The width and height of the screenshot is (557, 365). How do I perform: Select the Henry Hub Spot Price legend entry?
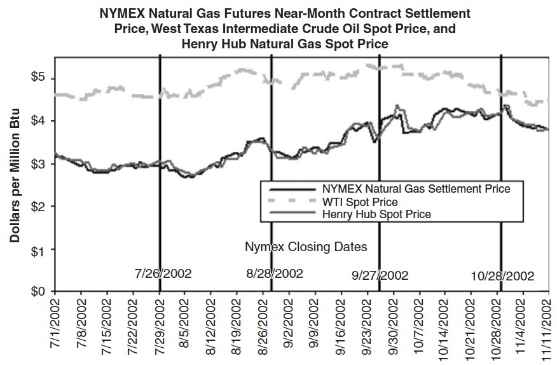[376, 214]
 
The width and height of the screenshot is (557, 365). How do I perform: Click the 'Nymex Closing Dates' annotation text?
[306, 245]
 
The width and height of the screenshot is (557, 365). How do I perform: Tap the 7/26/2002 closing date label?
[163, 274]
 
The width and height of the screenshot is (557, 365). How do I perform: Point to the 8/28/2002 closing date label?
[275, 274]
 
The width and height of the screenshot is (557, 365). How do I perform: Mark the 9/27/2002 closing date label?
[380, 276]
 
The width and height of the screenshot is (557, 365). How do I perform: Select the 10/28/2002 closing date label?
[502, 277]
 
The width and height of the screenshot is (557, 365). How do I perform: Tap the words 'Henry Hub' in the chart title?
[211, 44]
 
